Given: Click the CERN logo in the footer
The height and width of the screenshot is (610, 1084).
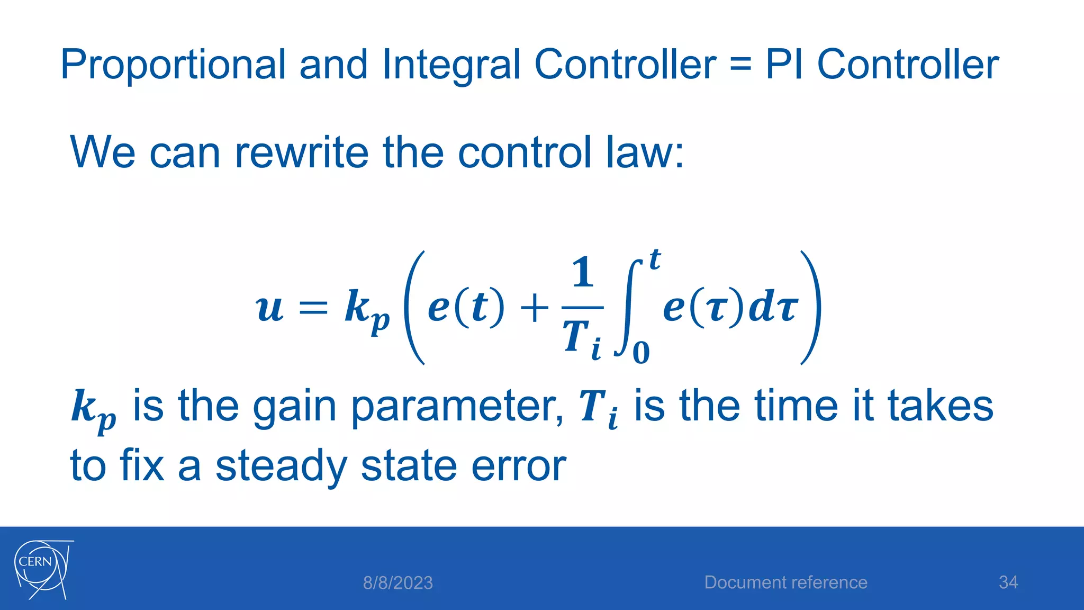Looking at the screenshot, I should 42,569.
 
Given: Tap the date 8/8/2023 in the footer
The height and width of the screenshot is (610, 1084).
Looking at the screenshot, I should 398,583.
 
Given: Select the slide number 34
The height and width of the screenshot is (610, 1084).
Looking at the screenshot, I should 1008,582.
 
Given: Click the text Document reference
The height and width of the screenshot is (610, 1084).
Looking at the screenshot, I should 785,582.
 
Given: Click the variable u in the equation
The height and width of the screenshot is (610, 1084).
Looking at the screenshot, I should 270,308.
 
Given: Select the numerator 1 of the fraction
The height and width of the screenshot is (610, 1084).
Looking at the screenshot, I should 582,273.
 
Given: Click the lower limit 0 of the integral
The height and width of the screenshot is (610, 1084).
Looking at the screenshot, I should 641,353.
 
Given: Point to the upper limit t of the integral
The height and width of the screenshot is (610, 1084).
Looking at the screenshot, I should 655,260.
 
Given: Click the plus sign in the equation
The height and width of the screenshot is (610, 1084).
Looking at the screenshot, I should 535,308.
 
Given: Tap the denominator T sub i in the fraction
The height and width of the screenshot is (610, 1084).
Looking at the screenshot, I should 582,339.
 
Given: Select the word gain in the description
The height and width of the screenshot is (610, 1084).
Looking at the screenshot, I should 294,407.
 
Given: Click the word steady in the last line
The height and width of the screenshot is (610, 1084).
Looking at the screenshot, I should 281,466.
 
